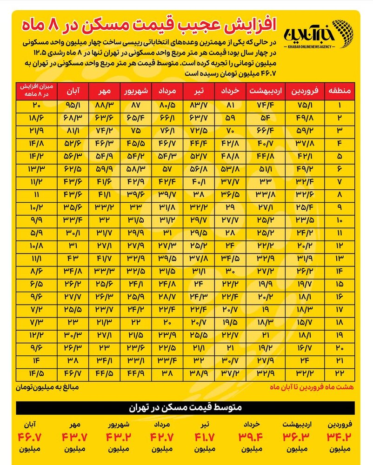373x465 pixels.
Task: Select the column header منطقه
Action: [x=340, y=91]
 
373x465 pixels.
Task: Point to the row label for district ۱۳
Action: [x=340, y=258]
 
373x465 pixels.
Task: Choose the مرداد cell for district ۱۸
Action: [x=167, y=321]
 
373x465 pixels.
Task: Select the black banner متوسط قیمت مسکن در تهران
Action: [x=186, y=408]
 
